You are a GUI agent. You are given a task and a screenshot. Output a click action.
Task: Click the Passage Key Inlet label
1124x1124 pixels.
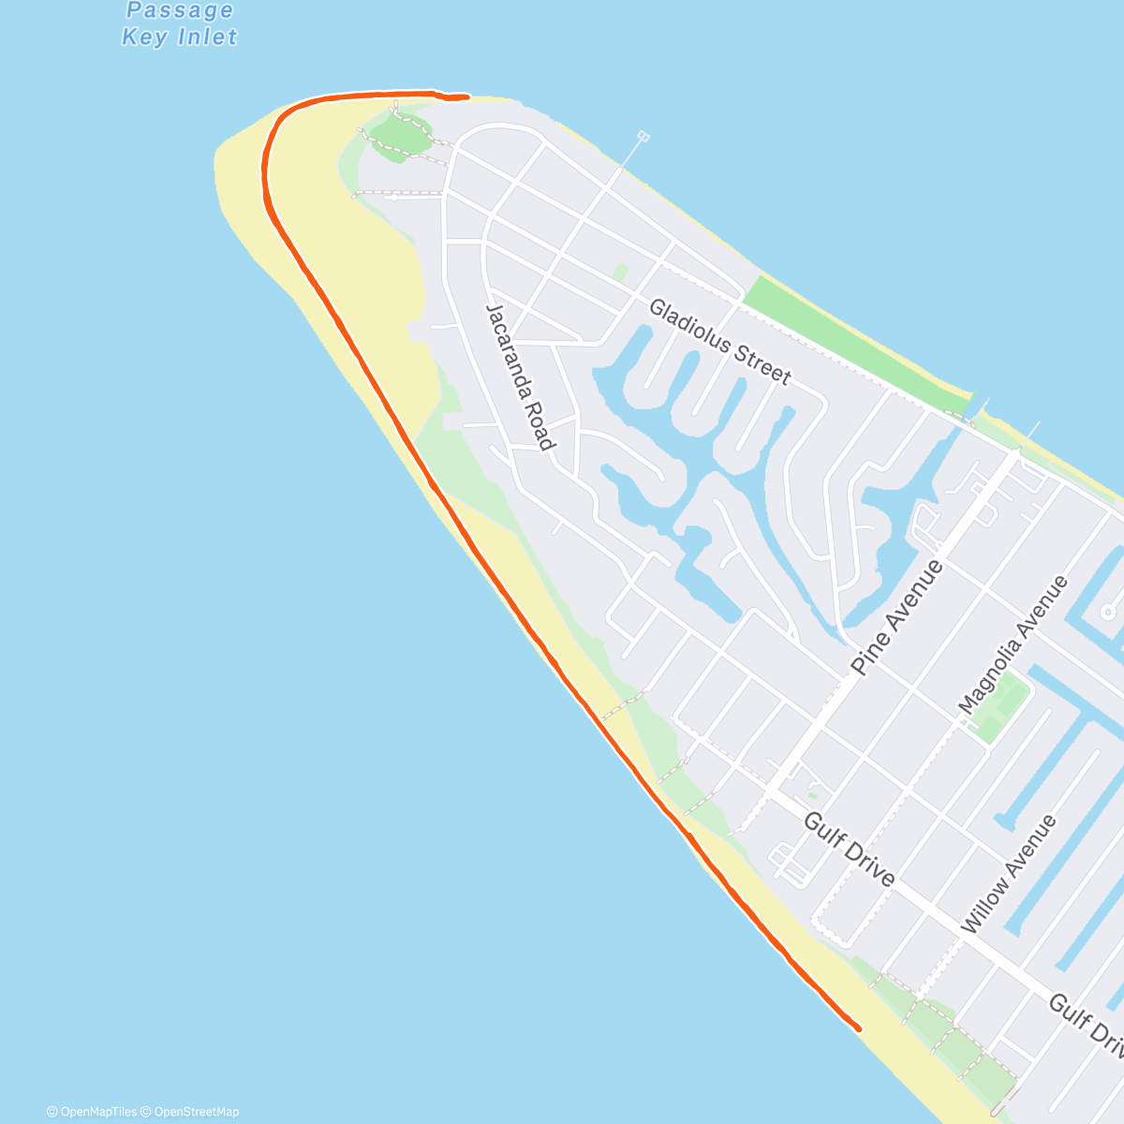[x=180, y=24]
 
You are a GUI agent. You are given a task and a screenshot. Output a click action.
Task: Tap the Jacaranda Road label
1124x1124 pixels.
[x=517, y=377]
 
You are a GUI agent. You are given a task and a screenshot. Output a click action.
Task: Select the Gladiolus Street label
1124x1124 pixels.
[x=719, y=341]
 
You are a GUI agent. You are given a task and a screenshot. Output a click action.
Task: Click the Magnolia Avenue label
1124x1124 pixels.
[x=1013, y=645]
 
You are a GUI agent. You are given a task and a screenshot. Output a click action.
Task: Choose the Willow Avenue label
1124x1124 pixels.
[x=1009, y=874]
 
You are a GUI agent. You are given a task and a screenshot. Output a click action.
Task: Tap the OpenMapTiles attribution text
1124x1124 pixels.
[x=92, y=1112]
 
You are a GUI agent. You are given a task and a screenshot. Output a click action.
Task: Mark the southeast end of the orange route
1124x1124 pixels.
[x=858, y=1028]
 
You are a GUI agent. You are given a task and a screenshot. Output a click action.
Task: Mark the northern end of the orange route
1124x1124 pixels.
[x=466, y=96]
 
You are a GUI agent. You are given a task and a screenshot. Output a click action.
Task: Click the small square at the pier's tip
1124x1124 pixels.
[x=643, y=137]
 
